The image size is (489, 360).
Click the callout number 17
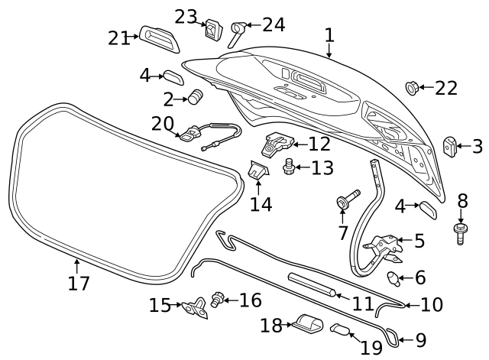(78, 284)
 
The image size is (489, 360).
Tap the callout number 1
(329, 35)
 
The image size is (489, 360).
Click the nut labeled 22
(412, 89)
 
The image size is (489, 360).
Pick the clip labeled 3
(451, 144)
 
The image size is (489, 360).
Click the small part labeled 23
(212, 30)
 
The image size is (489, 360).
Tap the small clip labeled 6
(394, 277)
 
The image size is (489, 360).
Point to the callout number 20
(163, 123)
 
